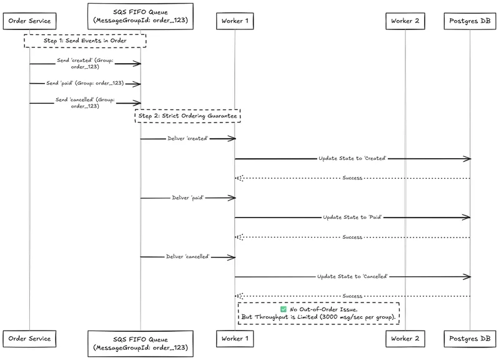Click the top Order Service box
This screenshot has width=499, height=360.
coord(29,21)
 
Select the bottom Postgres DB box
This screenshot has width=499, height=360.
coord(470,339)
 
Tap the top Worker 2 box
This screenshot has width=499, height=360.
coord(405,21)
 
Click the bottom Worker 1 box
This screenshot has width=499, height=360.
coord(235,339)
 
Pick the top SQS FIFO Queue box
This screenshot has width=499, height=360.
coord(141,17)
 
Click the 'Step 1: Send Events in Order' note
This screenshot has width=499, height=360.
coord(85,41)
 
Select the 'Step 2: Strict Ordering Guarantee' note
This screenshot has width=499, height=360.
coord(187,116)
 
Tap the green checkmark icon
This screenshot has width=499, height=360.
coord(284,309)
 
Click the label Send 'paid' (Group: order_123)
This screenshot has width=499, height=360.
coord(85,83)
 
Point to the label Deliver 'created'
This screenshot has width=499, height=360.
coord(188,139)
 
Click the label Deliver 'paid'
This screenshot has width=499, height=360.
coord(188,198)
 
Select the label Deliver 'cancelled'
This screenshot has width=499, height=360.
coord(188,257)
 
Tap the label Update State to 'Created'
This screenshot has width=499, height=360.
coord(352,158)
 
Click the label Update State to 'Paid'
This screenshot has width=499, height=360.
coord(352,217)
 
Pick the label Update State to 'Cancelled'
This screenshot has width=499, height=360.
coord(352,276)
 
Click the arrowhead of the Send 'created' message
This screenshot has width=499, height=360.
coord(137,64)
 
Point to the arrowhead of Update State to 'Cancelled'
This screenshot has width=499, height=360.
coord(468,277)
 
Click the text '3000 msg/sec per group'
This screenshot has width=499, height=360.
coord(357,317)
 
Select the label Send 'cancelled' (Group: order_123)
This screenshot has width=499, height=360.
coord(85,103)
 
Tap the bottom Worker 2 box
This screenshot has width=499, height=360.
coord(405,339)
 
